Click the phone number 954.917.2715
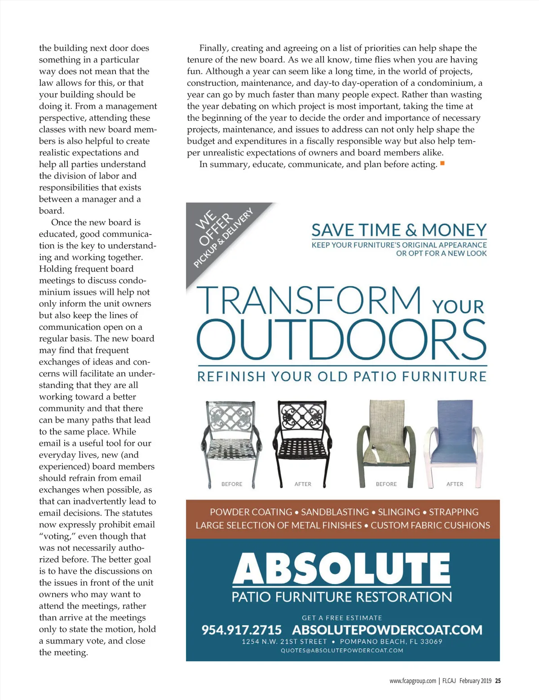tap(241, 630)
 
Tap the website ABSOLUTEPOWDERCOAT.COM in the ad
tap(387, 630)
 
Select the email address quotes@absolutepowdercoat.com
tap(342, 650)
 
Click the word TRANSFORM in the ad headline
tap(309, 300)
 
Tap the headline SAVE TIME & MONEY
tap(399, 230)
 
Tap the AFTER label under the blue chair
tap(455, 484)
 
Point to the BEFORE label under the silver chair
tap(232, 484)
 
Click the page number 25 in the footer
tap(498, 681)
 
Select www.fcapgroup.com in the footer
tap(413, 681)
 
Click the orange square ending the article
tap(442, 163)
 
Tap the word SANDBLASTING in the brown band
tap(335, 512)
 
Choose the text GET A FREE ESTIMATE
tap(342, 618)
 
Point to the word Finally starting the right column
tap(214, 48)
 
